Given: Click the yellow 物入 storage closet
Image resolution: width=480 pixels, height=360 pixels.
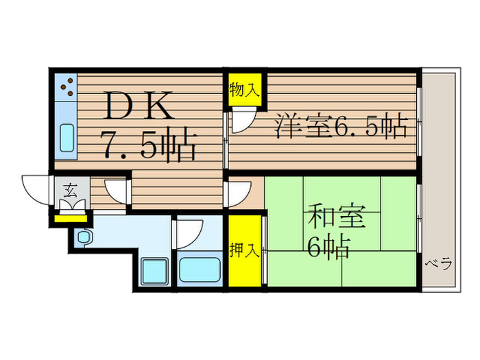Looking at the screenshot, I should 244,90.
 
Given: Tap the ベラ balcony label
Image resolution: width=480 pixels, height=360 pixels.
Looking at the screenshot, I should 437,264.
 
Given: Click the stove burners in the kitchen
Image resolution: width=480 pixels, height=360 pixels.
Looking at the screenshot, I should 67,86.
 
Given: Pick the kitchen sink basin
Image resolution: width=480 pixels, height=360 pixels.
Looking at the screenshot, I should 67,138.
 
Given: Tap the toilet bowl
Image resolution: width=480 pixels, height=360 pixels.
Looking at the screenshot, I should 84,237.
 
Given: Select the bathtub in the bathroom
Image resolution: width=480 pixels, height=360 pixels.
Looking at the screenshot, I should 199,270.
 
